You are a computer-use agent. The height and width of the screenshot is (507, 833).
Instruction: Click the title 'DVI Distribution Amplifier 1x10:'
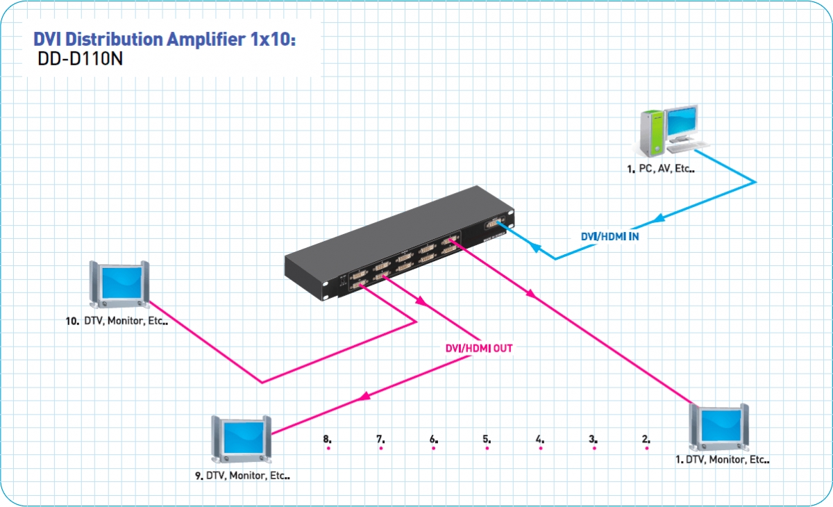click(165, 39)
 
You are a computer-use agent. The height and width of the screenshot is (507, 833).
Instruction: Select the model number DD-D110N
click(80, 59)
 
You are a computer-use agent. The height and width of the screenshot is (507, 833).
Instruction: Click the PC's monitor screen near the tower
click(681, 121)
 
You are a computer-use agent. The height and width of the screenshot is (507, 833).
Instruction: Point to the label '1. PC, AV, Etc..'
click(661, 169)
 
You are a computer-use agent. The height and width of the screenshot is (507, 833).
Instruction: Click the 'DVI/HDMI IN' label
click(610, 237)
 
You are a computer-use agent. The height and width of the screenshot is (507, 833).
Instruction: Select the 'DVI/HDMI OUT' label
click(479, 348)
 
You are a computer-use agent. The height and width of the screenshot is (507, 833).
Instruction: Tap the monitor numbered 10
click(119, 285)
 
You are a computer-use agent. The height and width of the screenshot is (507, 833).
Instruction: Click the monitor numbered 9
click(242, 439)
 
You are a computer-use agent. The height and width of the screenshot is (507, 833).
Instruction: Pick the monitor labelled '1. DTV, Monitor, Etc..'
click(718, 427)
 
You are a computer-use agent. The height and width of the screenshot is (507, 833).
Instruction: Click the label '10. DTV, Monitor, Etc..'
click(117, 321)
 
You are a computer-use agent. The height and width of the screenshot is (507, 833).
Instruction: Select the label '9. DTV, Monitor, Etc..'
click(242, 475)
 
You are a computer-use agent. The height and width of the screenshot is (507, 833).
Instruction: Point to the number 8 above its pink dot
click(327, 439)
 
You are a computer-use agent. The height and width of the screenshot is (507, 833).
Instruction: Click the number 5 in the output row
click(487, 439)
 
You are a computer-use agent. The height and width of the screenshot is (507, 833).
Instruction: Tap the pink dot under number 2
click(647, 448)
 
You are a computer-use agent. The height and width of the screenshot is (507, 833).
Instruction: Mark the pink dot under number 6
click(434, 448)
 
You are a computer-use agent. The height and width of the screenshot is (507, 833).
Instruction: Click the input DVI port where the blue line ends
click(494, 224)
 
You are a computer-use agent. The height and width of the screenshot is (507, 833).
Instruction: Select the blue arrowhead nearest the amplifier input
click(535, 247)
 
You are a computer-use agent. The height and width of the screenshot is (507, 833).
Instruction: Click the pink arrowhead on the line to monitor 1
click(530, 294)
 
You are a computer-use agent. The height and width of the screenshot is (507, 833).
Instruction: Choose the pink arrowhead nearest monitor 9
click(365, 397)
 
